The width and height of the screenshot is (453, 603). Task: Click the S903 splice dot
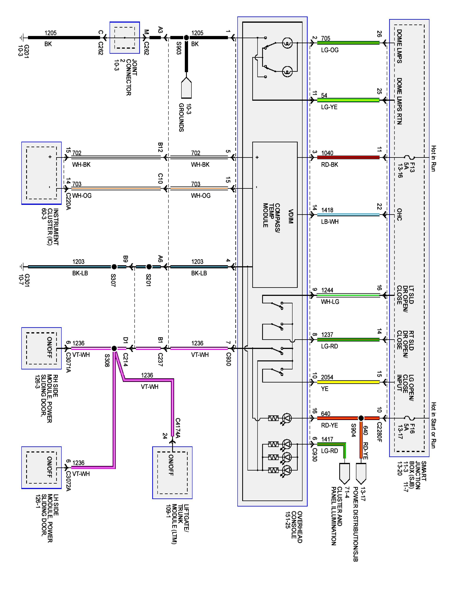186,38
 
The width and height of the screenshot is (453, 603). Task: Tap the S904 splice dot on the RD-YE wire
361,418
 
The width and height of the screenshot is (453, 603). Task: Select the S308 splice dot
114,348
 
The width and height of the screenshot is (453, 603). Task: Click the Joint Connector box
125,38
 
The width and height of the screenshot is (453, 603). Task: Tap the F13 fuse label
412,167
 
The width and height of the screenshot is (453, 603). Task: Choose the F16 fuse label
412,429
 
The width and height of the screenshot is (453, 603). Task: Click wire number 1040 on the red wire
327,153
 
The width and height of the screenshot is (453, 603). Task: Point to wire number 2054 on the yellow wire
327,377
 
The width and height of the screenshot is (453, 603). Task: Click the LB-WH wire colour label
330,222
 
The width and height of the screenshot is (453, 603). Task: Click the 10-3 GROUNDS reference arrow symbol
186,88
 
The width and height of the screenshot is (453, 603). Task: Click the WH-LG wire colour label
330,302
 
